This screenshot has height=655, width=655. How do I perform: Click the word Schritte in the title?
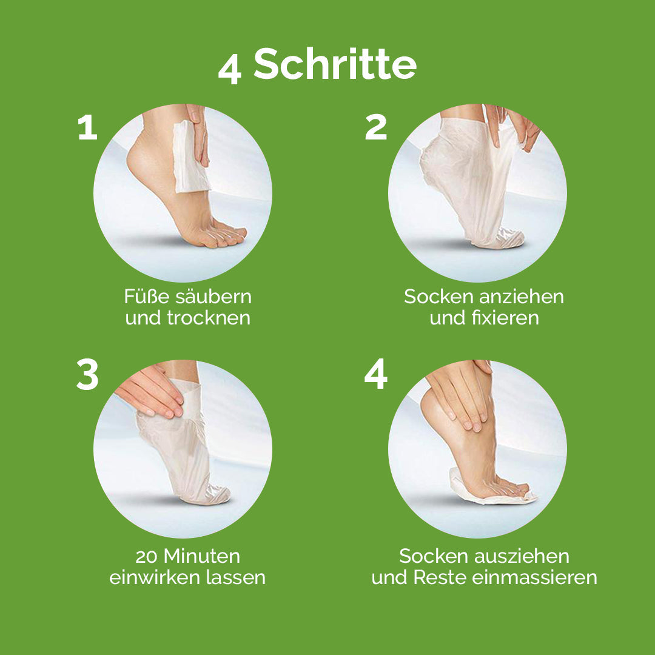[335, 64]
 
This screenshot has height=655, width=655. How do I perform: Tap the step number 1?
[87, 128]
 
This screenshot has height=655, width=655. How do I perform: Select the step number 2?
[376, 128]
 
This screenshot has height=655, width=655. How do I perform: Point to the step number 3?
[87, 375]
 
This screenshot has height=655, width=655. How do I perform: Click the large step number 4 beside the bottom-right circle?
[375, 375]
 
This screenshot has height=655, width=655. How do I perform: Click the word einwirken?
[155, 577]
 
